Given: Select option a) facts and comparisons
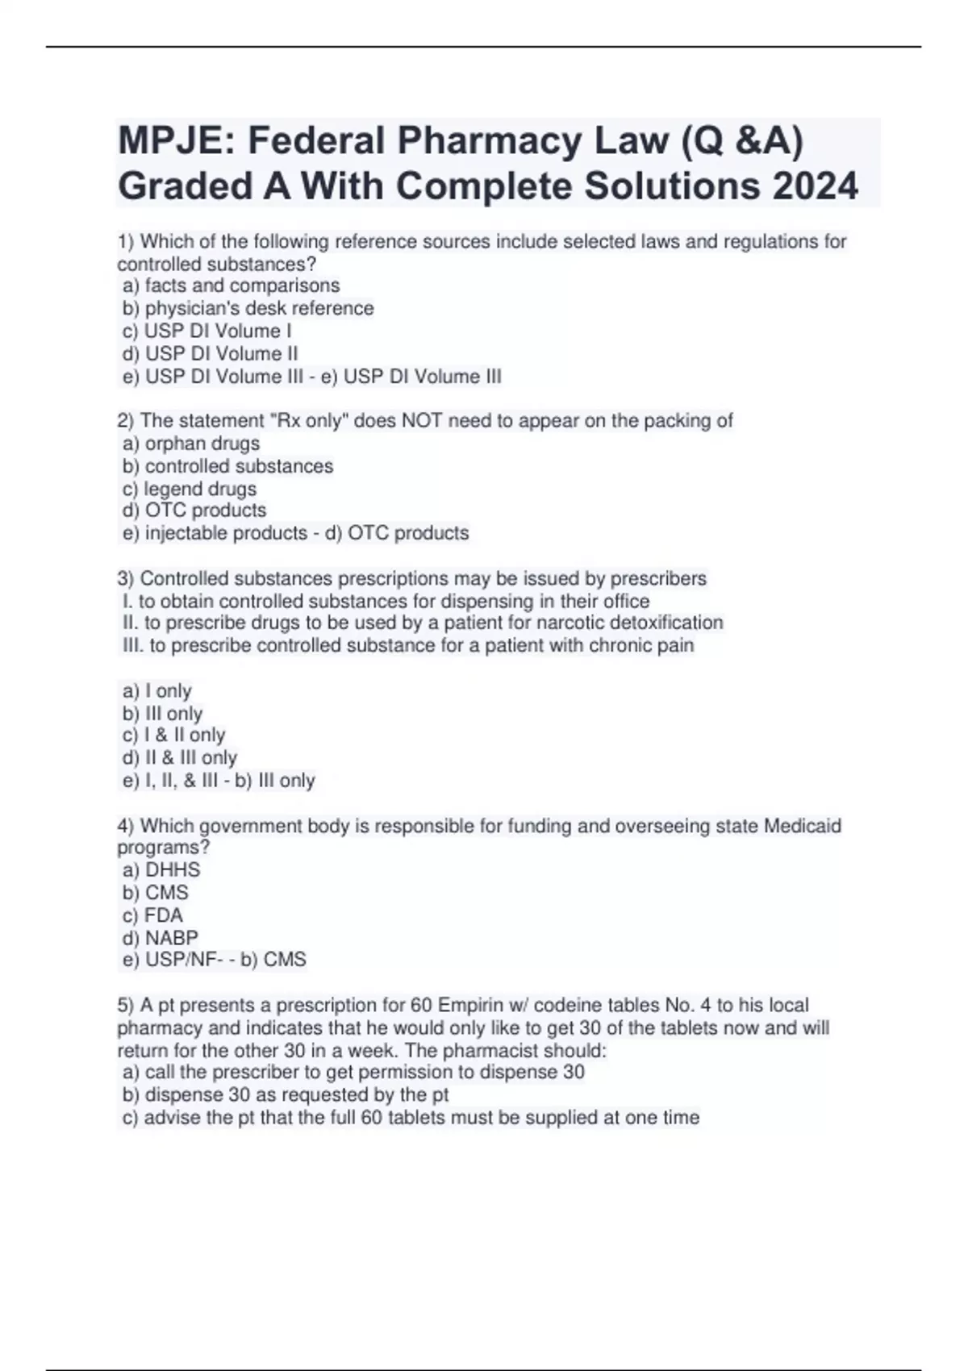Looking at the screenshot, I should tap(232, 285).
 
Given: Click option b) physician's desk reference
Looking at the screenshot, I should tap(248, 308).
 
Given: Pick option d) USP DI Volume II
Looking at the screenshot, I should tap(211, 353).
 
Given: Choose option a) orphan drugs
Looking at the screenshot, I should tap(191, 443).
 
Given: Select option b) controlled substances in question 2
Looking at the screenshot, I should tap(228, 466).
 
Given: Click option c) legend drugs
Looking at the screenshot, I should tap(190, 489).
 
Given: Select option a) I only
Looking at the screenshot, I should tap(157, 691).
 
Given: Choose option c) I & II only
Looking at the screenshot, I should tap(174, 735).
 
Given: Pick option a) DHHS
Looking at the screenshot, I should tap(161, 869).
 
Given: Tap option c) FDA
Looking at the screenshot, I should tap(153, 915).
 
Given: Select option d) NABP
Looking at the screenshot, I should tap(161, 938).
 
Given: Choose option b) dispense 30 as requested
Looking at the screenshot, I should tap(286, 1094).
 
